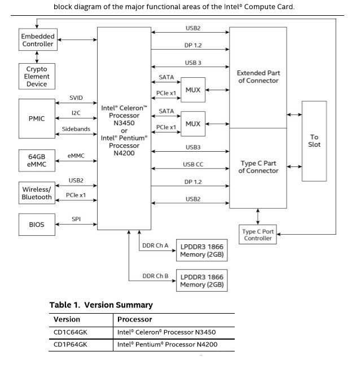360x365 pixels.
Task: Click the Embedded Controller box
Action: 38,40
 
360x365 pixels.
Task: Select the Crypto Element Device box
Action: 37,76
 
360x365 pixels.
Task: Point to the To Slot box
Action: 314,140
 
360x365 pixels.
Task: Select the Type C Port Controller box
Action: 257,235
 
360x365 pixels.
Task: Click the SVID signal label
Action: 76,98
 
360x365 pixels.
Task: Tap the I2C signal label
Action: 76,113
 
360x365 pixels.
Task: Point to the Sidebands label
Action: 76,129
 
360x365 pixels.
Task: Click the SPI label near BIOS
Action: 76,218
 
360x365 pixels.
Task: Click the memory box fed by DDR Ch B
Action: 201,280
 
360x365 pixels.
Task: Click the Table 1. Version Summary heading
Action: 100,305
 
